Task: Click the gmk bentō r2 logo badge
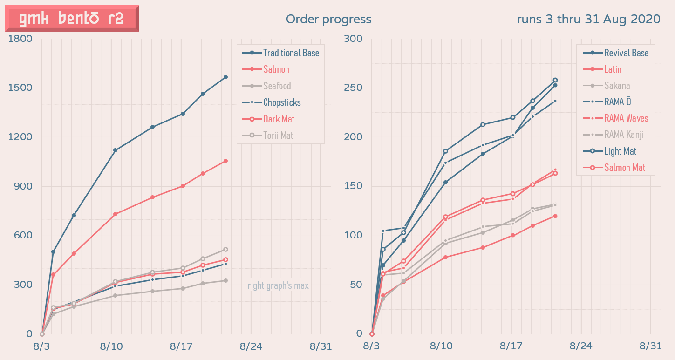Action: click(x=72, y=18)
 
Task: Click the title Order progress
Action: click(x=328, y=19)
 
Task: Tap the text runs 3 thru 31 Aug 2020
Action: click(x=588, y=19)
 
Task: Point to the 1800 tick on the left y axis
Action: click(x=20, y=39)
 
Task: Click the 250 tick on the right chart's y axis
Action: click(x=353, y=88)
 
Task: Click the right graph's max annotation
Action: click(x=278, y=285)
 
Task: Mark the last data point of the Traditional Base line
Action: click(x=225, y=77)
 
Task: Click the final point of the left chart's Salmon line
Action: click(x=225, y=161)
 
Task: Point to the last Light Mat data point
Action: click(x=555, y=80)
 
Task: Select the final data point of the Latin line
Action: click(x=555, y=216)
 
